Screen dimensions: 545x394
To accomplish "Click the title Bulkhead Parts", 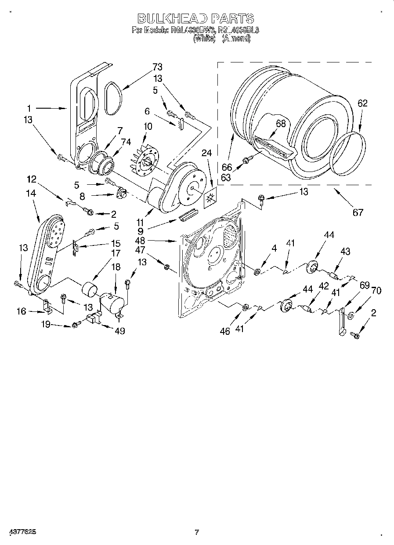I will pos(196,18).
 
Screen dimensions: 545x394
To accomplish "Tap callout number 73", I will pos(157,67).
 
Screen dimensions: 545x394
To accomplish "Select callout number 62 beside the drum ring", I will pos(362,104).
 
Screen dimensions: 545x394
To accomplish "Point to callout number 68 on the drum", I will pos(281,124).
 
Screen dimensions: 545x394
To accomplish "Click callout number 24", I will pos(207,154).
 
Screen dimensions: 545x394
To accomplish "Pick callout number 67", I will pos(358,212).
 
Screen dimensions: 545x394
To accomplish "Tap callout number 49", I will pos(119,331).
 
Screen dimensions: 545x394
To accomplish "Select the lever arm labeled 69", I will pos(341,321).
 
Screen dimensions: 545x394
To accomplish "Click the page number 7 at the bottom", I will pos(197,532).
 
